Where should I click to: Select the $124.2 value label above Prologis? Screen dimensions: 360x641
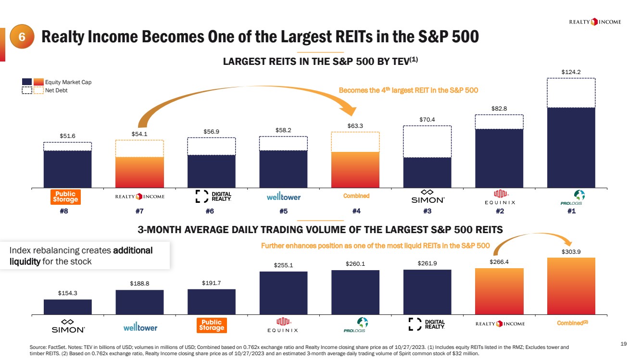[x=571, y=72]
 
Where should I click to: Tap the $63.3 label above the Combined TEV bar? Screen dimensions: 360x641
[x=355, y=126]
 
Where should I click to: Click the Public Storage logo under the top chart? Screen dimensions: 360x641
[x=65, y=197]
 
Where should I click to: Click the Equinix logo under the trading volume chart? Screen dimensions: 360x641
[x=283, y=325]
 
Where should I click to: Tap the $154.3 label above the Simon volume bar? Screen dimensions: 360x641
[x=67, y=293]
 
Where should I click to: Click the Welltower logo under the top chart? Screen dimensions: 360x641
[x=283, y=197]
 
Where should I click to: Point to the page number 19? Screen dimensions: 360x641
[x=624, y=343]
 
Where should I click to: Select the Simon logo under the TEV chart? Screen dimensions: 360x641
[x=427, y=197]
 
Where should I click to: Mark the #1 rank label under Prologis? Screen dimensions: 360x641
[x=571, y=211]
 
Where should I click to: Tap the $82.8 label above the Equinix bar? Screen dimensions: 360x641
[x=499, y=109]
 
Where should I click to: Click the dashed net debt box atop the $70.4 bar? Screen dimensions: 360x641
[x=427, y=141]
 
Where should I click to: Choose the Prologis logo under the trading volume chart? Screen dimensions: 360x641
[x=355, y=325]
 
